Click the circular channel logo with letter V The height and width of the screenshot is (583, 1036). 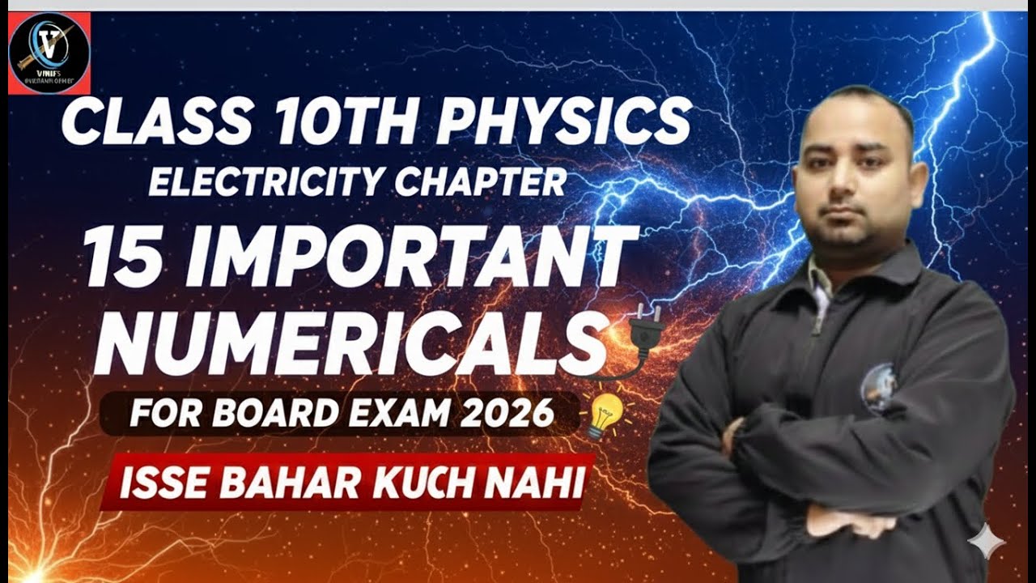pos(49,53)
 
